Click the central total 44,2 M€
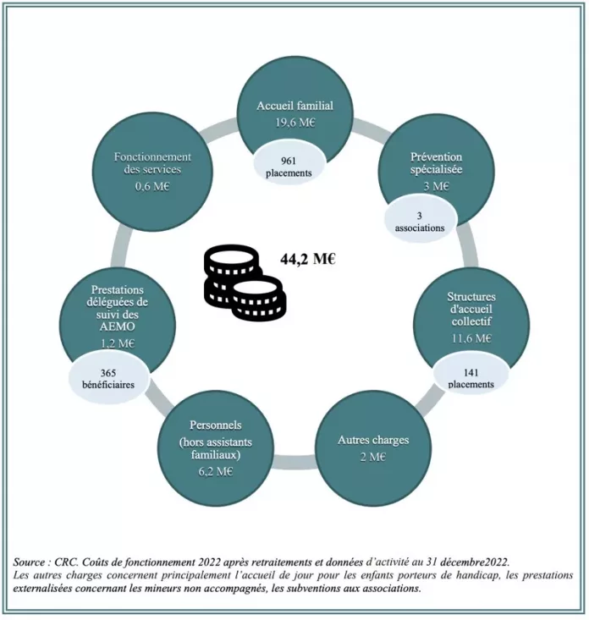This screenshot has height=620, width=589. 308,259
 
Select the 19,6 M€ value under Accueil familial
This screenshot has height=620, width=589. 295,123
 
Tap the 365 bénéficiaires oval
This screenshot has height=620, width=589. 108,378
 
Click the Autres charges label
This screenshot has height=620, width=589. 373,440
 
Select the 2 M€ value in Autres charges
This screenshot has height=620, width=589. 373,457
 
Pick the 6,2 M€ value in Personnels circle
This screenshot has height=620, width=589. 216,472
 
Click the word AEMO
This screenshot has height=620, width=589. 117,326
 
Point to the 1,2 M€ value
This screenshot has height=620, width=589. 118,343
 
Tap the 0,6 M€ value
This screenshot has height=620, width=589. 152,186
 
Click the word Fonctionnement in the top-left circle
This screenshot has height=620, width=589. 152,157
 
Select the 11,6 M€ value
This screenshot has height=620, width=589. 471,338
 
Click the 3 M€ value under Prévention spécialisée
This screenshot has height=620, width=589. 437,186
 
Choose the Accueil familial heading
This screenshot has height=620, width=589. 295,106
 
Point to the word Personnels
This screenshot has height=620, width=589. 216,425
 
